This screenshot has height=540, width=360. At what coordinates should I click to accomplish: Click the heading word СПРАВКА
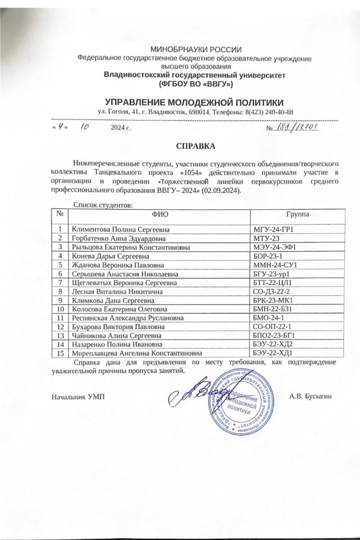(195, 146)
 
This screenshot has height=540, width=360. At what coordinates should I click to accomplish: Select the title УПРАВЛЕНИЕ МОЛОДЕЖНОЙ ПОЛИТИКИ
(194, 103)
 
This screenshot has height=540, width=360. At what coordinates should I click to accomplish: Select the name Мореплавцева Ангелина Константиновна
(136, 353)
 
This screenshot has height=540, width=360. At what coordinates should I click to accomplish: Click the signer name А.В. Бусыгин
(311, 397)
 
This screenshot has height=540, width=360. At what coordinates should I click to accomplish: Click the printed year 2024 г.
(121, 127)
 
